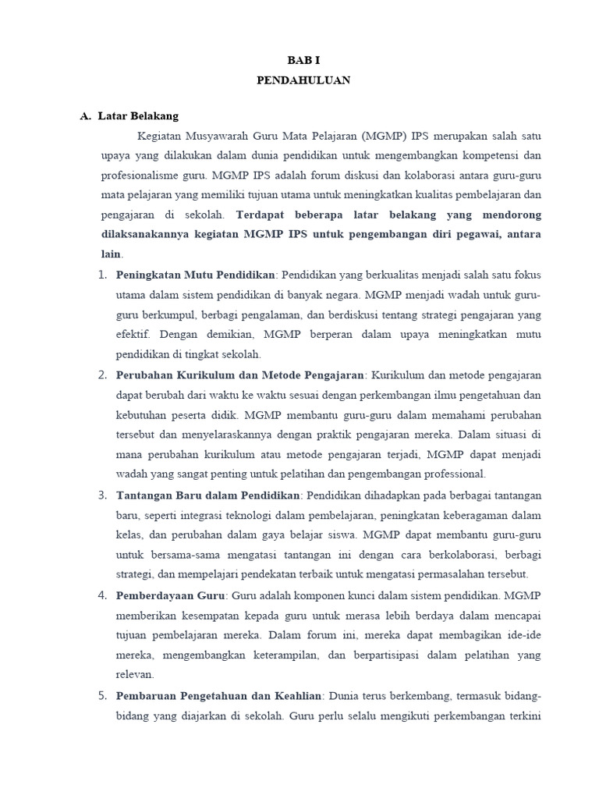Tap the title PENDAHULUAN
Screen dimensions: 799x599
[x=303, y=80]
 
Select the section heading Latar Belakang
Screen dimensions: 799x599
[x=138, y=116]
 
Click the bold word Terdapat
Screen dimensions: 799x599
[x=254, y=214]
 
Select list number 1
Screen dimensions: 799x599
[x=103, y=275]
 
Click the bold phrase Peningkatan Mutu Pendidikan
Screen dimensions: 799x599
[x=195, y=275]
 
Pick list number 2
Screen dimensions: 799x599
[x=103, y=375]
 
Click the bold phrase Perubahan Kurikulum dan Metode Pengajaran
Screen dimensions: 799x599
[x=239, y=375]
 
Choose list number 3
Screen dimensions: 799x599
[x=103, y=495]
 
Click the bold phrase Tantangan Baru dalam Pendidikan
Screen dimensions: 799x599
[x=208, y=495]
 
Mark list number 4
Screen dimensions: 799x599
[x=103, y=595]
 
